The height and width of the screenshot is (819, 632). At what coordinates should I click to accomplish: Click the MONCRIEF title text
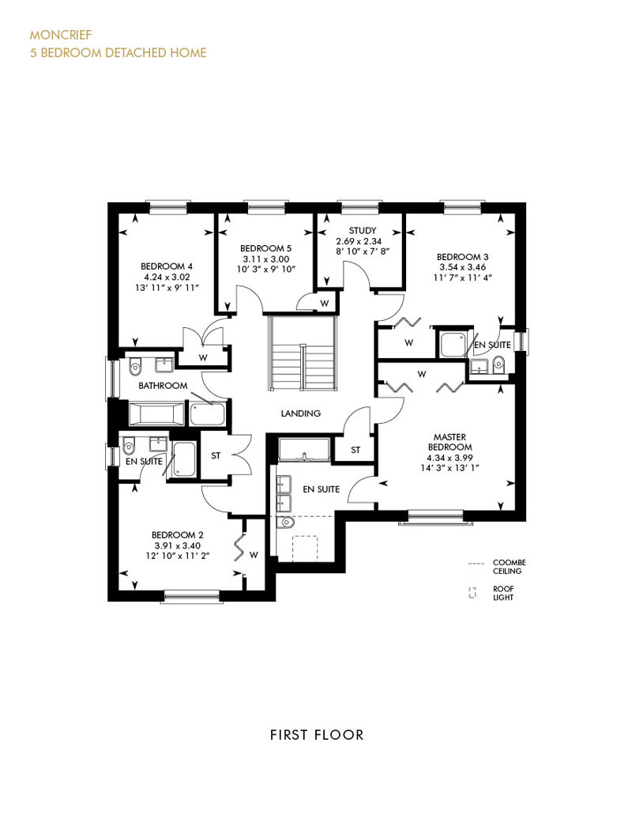(x=61, y=35)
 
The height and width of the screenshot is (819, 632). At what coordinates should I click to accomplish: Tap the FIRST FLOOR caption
(x=317, y=735)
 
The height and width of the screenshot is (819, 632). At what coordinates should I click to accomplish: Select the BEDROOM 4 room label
(x=167, y=266)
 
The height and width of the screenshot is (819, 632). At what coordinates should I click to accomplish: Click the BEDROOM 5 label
(x=265, y=248)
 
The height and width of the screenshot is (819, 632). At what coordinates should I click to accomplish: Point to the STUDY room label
(x=363, y=230)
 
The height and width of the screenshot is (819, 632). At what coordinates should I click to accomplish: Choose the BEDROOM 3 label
(x=462, y=257)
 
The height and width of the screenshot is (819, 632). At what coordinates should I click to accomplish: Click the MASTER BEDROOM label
(x=450, y=442)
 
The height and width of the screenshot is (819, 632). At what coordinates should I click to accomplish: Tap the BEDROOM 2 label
(x=178, y=535)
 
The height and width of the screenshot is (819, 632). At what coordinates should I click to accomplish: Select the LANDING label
(x=301, y=413)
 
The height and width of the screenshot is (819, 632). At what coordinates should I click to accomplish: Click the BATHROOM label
(x=163, y=386)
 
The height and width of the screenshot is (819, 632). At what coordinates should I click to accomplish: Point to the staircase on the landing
(x=302, y=353)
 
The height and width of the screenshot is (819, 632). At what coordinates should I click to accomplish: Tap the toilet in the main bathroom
(x=134, y=366)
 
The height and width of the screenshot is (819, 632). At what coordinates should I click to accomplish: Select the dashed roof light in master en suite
(x=305, y=548)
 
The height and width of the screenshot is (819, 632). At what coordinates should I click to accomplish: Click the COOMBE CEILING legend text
(x=509, y=567)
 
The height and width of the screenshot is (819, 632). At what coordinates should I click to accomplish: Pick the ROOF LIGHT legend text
(x=503, y=593)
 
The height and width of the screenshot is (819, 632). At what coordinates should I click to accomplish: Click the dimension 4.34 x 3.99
(x=450, y=458)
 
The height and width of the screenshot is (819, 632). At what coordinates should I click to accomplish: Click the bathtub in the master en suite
(x=304, y=450)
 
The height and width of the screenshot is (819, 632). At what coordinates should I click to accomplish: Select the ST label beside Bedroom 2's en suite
(x=216, y=455)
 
